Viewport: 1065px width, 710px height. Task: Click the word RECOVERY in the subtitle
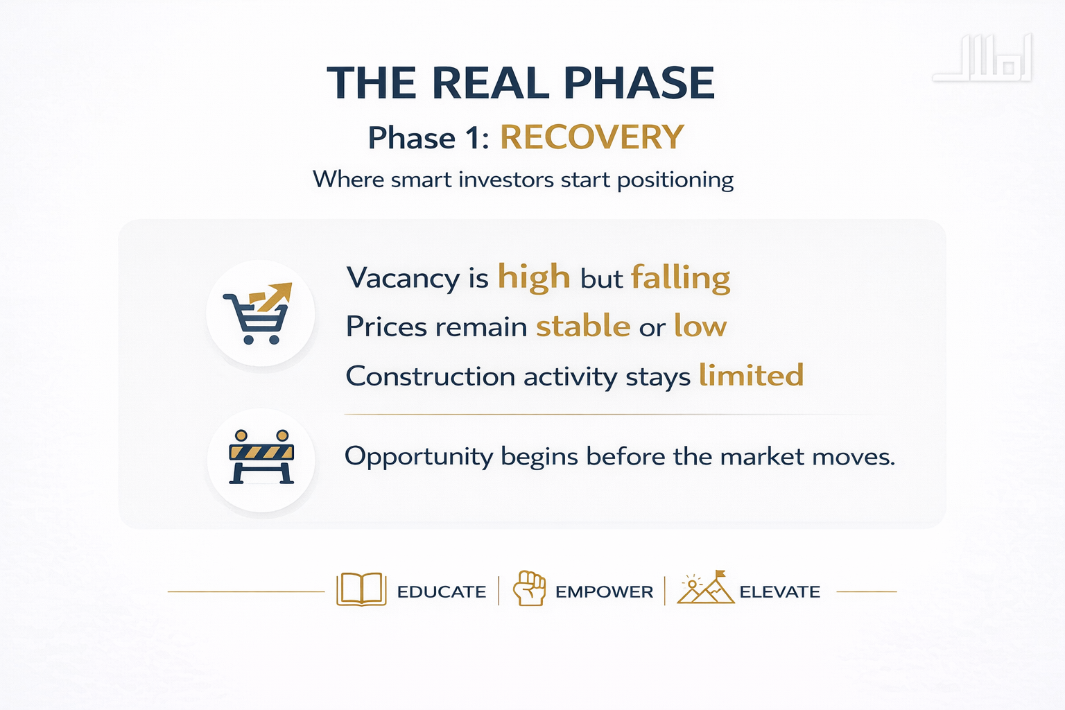tap(592, 137)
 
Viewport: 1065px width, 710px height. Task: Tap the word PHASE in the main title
tap(639, 83)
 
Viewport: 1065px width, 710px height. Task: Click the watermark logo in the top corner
tap(982, 58)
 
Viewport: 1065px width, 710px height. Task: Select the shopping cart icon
tap(257, 313)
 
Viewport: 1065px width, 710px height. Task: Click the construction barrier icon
tap(261, 457)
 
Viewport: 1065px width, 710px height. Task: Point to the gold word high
tap(534, 278)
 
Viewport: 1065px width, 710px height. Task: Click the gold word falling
tap(680, 279)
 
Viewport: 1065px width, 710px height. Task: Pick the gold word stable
tap(583, 326)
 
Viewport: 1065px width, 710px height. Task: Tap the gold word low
tap(700, 326)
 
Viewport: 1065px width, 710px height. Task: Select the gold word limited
tap(751, 374)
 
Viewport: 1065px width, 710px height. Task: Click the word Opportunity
tap(419, 458)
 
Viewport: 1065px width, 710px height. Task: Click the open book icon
tap(361, 589)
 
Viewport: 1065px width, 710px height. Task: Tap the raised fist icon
tap(529, 588)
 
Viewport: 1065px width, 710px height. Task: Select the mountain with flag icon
tap(706, 587)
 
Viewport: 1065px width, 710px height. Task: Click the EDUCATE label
tap(442, 592)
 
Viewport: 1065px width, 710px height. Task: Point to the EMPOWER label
tap(605, 592)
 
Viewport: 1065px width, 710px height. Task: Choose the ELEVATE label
tap(780, 592)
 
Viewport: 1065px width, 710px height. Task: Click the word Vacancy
tap(403, 279)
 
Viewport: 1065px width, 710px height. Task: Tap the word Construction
tap(431, 376)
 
